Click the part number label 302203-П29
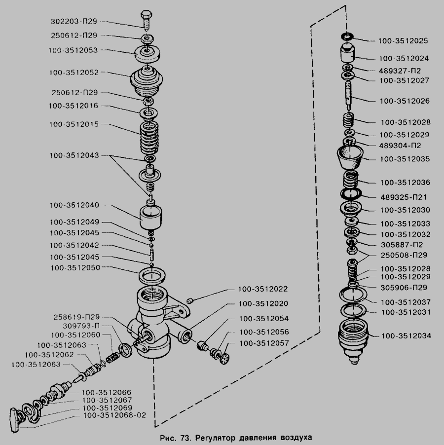[x=74, y=21]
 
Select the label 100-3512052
[x=74, y=73]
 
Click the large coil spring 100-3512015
[x=149, y=138]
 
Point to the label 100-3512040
[x=74, y=205]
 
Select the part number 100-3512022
[x=263, y=289]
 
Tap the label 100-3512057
[x=264, y=343]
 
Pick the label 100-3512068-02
[x=115, y=415]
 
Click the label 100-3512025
[x=403, y=40]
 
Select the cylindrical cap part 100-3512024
[x=347, y=52]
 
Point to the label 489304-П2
[x=400, y=146]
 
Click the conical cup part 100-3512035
[x=350, y=158]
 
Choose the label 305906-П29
[x=404, y=288]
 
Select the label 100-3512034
[x=406, y=336]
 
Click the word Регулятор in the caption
[x=215, y=437]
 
